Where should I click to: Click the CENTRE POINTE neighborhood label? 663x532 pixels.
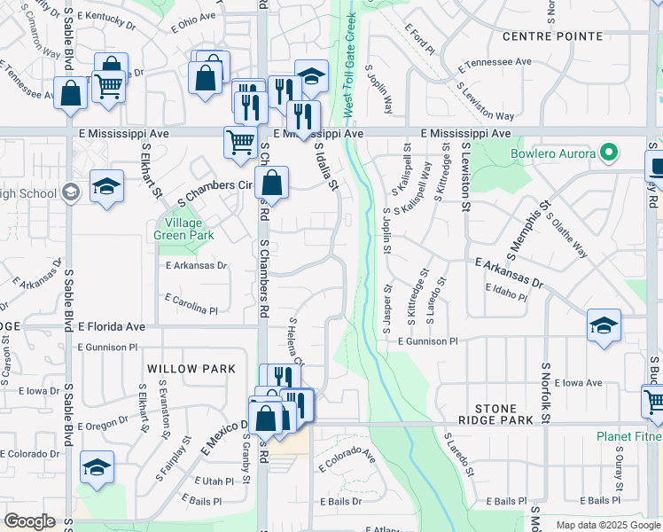(551, 36)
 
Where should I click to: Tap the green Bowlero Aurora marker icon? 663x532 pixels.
(608, 153)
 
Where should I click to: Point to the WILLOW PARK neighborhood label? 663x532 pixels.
(191, 369)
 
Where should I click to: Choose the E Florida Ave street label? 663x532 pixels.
(111, 326)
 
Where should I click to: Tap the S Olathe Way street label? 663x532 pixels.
(566, 235)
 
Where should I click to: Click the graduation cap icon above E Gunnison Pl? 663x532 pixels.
(604, 325)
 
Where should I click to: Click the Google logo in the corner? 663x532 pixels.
(29, 522)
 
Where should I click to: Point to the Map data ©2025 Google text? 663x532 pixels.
(607, 525)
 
